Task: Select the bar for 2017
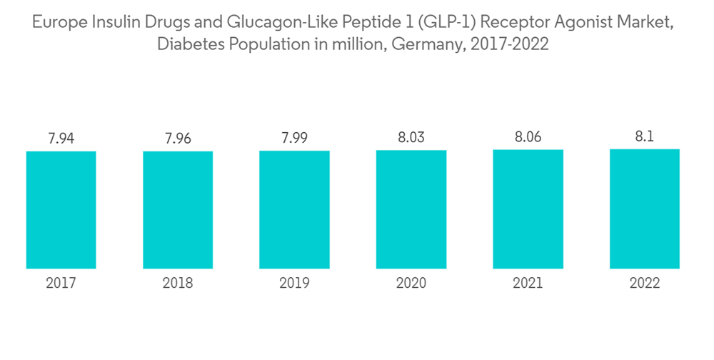click(61, 210)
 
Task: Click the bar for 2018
click(178, 210)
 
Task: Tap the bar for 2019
click(294, 210)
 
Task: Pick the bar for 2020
click(411, 209)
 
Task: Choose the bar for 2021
click(528, 209)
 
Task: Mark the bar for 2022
click(644, 209)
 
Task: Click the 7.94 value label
click(61, 139)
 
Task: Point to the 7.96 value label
click(178, 139)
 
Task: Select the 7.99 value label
click(294, 138)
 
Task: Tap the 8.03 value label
click(411, 137)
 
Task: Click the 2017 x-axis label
click(61, 284)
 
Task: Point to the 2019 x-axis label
click(294, 284)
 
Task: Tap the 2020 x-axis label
click(411, 284)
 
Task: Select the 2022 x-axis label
click(644, 284)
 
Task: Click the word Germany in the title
click(428, 45)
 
